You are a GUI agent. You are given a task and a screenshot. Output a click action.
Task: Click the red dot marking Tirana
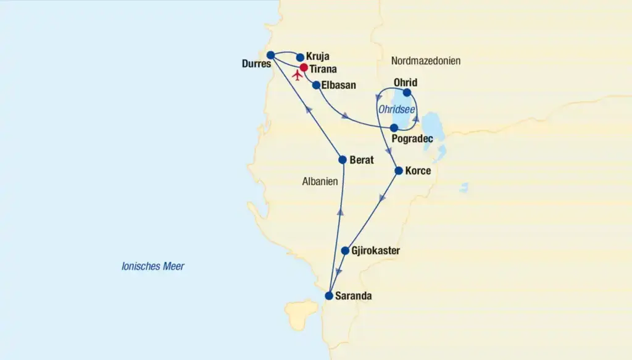(x=304, y=67)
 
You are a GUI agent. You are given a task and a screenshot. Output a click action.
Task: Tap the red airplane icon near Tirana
(x=297, y=75)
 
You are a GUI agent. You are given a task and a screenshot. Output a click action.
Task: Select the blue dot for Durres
(x=270, y=55)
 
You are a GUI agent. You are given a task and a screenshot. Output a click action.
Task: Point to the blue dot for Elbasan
(x=316, y=85)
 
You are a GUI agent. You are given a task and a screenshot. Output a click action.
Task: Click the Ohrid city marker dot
(x=407, y=93)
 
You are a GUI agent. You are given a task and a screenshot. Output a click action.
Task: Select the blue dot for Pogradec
(x=394, y=128)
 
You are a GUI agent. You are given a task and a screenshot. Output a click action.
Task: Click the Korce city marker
(x=399, y=170)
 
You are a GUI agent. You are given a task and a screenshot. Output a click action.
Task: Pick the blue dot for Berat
(x=343, y=159)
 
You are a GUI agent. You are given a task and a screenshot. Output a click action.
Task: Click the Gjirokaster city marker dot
(x=345, y=251)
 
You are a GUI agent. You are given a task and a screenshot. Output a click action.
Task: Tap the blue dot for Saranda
(x=329, y=295)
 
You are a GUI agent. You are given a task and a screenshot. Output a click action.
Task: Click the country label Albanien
(x=321, y=182)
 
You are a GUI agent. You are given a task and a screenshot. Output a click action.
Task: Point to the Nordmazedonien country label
(x=426, y=61)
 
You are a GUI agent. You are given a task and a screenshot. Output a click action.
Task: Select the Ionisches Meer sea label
(x=153, y=267)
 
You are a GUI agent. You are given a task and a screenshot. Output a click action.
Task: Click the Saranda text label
(x=354, y=296)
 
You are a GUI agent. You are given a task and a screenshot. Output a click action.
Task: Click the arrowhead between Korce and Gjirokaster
(x=383, y=198)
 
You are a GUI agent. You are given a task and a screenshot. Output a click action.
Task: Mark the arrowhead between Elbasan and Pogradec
(x=346, y=115)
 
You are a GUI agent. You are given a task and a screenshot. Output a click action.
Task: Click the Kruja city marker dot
(x=301, y=57)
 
